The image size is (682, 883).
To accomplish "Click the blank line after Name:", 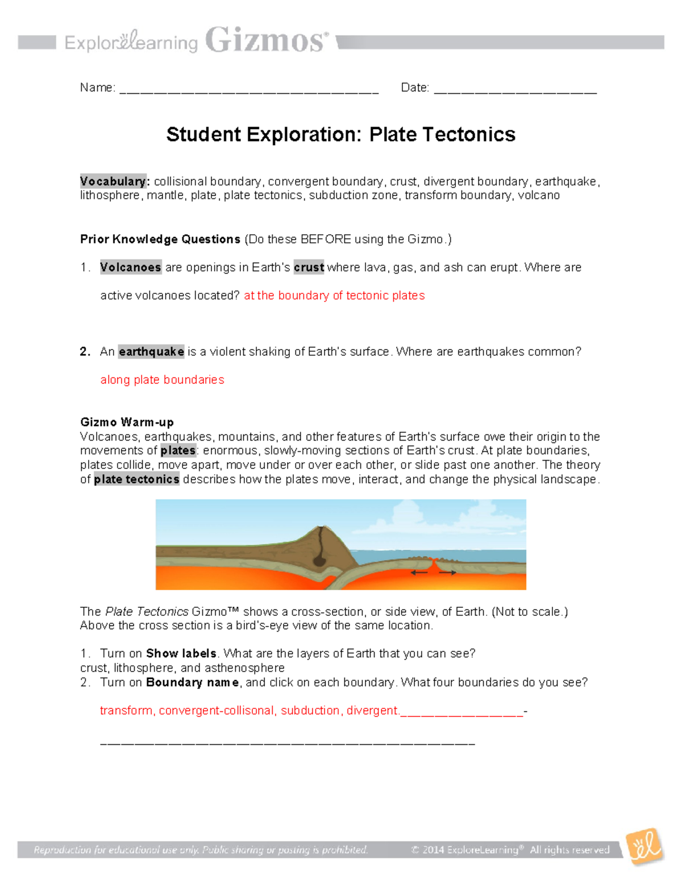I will (249, 90).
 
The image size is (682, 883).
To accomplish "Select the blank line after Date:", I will (515, 90).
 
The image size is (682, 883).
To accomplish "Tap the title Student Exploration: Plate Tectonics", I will (340, 135).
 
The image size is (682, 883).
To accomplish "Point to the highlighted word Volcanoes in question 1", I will (131, 267).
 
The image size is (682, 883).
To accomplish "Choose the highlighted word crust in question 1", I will (309, 267).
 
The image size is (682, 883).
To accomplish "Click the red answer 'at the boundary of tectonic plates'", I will (334, 296).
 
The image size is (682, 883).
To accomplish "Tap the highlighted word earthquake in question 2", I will (151, 352).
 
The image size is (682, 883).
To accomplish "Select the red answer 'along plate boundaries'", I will (162, 380).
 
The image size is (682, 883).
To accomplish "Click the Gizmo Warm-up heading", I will (127, 422).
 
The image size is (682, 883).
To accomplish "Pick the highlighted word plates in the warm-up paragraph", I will (178, 451).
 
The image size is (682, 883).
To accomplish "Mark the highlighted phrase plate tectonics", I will (136, 479).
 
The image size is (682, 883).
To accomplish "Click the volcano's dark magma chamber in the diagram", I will (319, 560).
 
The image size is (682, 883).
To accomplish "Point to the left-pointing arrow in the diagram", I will (419, 573).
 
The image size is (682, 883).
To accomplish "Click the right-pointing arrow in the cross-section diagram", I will (448, 573).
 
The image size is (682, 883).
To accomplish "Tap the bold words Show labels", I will (181, 654).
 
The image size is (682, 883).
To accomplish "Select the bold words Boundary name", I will (193, 682).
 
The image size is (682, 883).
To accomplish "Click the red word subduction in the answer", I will (310, 711).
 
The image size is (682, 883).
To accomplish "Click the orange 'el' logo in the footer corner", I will (645, 847).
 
